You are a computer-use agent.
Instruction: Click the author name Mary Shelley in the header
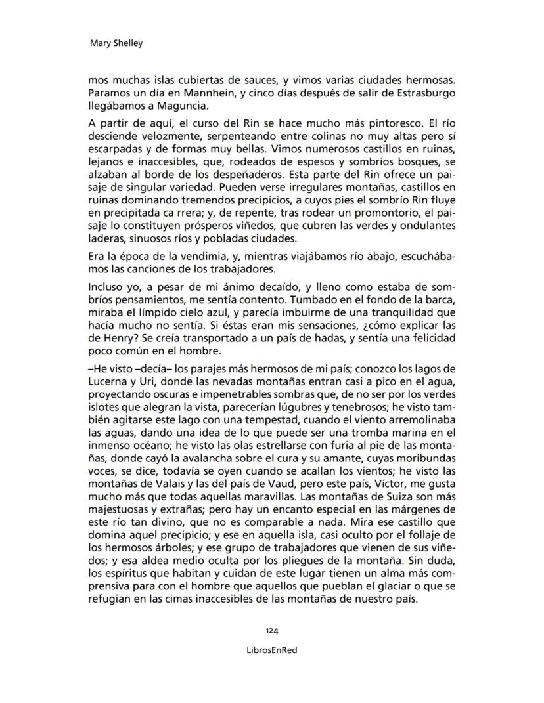[116, 43]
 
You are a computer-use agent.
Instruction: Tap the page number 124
[272, 630]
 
